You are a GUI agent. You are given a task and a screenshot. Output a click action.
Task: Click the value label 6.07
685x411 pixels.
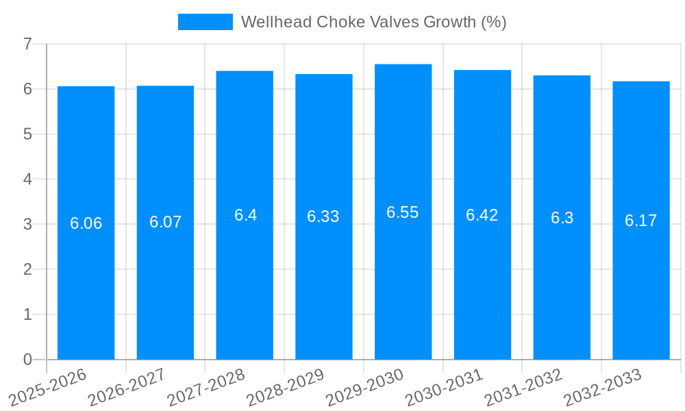(x=165, y=222)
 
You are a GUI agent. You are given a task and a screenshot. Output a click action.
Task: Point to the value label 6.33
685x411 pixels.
(x=323, y=216)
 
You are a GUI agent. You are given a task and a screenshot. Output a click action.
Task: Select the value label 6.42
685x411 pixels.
(x=482, y=215)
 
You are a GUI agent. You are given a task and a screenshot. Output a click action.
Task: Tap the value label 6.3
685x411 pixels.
(x=562, y=218)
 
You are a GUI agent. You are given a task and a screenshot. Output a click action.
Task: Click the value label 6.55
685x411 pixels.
(x=403, y=212)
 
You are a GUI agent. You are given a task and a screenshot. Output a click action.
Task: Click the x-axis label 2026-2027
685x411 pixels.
(x=127, y=388)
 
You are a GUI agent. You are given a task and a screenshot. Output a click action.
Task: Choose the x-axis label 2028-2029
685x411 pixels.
(x=286, y=388)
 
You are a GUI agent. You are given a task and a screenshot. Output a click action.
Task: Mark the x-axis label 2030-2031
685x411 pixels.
(x=445, y=388)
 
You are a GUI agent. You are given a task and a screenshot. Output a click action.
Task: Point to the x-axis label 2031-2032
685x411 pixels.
(x=524, y=388)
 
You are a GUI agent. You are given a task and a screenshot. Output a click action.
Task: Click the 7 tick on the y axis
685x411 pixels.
(x=27, y=44)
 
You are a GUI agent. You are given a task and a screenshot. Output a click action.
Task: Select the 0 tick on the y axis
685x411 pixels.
(x=27, y=360)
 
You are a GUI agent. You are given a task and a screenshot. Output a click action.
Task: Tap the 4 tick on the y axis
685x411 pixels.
(x=27, y=179)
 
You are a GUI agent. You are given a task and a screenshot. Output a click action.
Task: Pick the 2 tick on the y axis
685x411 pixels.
(x=27, y=269)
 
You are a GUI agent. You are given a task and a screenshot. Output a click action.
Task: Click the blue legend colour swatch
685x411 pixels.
(x=205, y=22)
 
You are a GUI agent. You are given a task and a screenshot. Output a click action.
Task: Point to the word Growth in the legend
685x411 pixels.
(x=449, y=22)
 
